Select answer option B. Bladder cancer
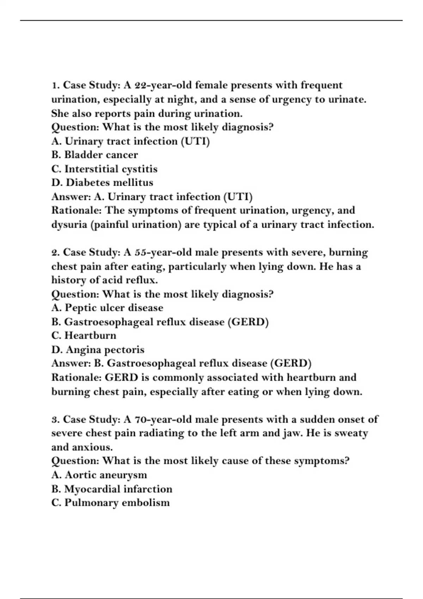(94, 155)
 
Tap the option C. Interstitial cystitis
(104, 169)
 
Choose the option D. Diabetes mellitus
(102, 183)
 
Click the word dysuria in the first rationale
(69, 224)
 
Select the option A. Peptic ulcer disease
(107, 308)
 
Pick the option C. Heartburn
(84, 335)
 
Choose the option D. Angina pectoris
(98, 350)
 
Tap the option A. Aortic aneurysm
(99, 475)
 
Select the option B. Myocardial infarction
(112, 489)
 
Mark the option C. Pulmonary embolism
(110, 503)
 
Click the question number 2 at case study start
(55, 252)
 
